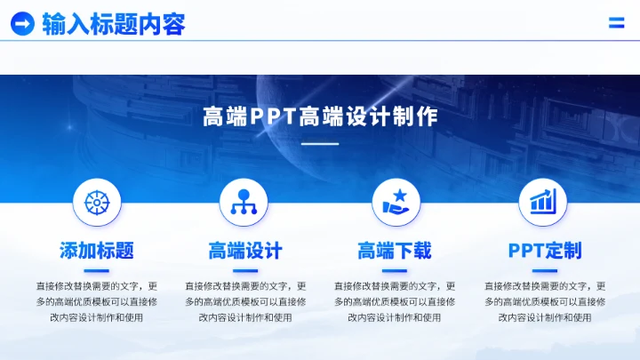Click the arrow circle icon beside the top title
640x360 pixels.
click(x=22, y=24)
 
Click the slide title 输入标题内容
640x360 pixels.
click(x=113, y=24)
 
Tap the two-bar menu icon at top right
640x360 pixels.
click(x=616, y=23)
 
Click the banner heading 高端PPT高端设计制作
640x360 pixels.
click(x=320, y=116)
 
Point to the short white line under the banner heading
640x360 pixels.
click(x=320, y=143)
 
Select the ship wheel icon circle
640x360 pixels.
click(x=96, y=202)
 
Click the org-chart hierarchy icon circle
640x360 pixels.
click(x=244, y=202)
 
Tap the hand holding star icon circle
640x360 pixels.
click(x=396, y=202)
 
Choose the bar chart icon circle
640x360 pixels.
click(x=543, y=202)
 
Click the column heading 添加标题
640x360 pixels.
click(x=96, y=251)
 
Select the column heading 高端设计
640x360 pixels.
click(x=245, y=251)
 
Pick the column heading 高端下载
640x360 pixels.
click(x=395, y=251)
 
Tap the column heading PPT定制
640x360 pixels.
click(x=545, y=251)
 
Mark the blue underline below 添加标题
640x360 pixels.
click(x=96, y=270)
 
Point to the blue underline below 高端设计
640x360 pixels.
click(x=245, y=270)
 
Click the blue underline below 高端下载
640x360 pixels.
click(x=395, y=270)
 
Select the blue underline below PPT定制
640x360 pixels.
click(x=545, y=270)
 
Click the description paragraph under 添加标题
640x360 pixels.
click(x=96, y=301)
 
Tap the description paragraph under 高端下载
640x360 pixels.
click(x=395, y=301)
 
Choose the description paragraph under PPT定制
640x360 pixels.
click(x=545, y=301)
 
